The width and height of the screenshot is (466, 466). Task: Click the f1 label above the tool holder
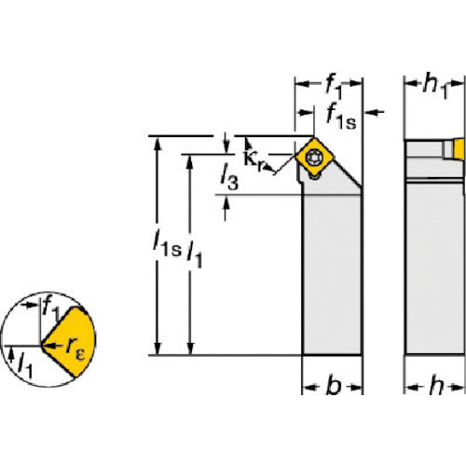tap(334, 88)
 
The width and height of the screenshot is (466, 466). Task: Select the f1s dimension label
tap(341, 117)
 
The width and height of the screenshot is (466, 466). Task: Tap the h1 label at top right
tap(435, 87)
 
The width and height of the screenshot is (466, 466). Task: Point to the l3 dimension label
tap(229, 177)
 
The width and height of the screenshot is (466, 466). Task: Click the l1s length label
tap(167, 243)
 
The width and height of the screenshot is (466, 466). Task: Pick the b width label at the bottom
tap(334, 386)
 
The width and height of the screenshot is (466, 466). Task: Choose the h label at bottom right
tap(436, 386)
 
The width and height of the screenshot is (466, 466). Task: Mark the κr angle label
tap(254, 161)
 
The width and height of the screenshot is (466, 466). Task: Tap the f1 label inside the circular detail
tap(51, 308)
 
